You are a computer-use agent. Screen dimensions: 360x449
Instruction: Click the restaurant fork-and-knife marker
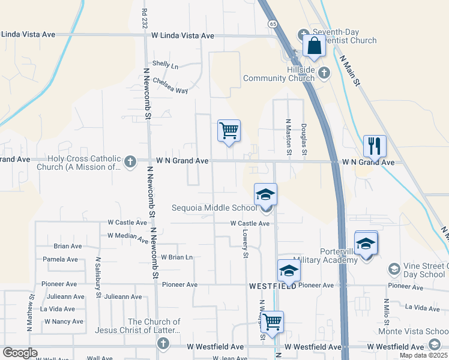tap(375, 146)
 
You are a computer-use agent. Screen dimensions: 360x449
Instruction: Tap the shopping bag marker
tap(314, 46)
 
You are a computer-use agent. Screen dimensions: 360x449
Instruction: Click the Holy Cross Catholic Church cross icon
tap(130, 161)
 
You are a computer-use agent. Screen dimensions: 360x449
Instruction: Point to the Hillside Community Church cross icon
tap(324, 73)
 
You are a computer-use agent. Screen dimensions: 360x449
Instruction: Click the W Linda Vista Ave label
tap(182, 35)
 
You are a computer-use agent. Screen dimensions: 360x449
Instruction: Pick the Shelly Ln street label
tap(166, 65)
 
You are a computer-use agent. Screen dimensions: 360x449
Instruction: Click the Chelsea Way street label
tap(170, 85)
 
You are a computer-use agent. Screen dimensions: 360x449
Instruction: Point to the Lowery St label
tap(246, 243)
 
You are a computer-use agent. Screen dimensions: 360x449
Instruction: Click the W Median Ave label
tap(128, 237)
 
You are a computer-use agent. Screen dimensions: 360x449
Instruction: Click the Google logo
tap(20, 353)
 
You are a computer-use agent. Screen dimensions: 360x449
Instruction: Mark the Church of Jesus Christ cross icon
tap(162, 343)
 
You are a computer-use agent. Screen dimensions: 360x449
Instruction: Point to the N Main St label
tap(349, 71)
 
